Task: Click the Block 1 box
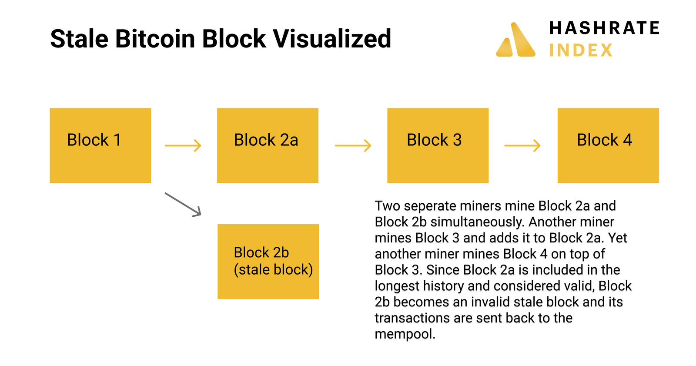click(100, 145)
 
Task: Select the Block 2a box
click(268, 145)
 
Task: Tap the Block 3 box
click(438, 145)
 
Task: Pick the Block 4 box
click(608, 145)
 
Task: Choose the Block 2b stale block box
click(268, 261)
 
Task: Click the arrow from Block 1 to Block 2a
click(183, 145)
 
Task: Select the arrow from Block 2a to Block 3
click(353, 145)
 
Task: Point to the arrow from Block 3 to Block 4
click(522, 145)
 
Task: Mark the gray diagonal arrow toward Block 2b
click(183, 204)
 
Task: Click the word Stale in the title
click(79, 39)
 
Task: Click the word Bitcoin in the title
click(155, 39)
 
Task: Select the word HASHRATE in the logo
click(604, 28)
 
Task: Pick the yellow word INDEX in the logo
click(581, 50)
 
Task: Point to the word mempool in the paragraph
click(405, 334)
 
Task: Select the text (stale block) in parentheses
click(273, 270)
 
